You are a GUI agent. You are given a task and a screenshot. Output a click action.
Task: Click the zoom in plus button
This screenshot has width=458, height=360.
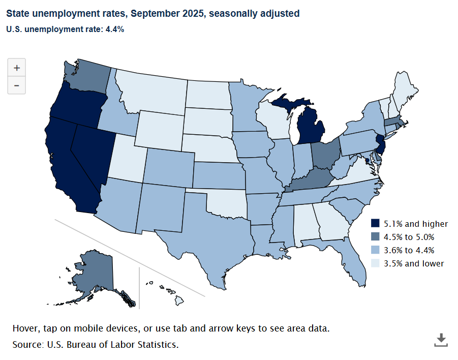17,67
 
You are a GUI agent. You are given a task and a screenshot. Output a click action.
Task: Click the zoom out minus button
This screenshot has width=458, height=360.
17,85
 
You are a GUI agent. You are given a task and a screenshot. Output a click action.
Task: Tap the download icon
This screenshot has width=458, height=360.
441,339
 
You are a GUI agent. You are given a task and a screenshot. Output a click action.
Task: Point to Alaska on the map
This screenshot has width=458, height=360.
94,272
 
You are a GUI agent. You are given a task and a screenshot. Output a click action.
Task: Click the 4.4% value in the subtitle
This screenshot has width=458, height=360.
115,29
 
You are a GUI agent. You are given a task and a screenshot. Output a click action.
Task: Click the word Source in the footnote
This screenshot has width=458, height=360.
28,344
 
